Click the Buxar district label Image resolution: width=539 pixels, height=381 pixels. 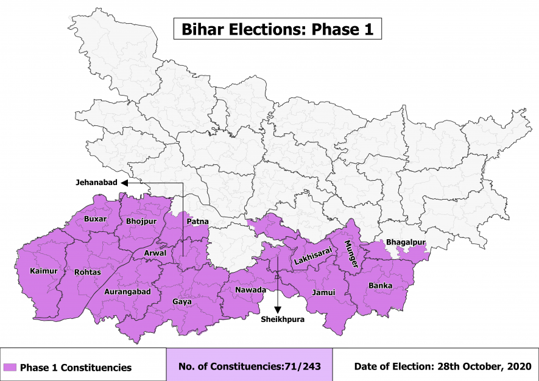click(x=96, y=218)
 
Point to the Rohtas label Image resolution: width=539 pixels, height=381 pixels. click(x=86, y=271)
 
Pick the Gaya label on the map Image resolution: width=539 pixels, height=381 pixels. click(x=181, y=302)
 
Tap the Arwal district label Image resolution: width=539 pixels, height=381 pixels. click(x=155, y=252)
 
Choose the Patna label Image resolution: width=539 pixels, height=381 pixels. click(x=197, y=222)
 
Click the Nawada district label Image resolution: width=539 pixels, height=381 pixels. click(x=250, y=290)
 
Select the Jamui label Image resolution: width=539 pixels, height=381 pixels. click(x=323, y=292)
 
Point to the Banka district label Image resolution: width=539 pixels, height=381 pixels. click(x=380, y=285)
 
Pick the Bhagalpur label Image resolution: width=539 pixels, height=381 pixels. click(x=406, y=242)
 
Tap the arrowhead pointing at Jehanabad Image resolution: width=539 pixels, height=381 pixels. click(x=124, y=182)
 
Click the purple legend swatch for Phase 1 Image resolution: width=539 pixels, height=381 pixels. click(x=9, y=368)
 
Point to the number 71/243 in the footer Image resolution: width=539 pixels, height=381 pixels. click(x=305, y=367)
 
